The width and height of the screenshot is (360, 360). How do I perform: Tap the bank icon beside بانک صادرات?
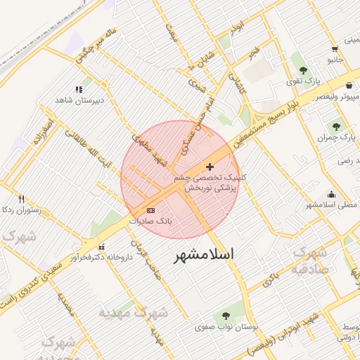tap(150, 210)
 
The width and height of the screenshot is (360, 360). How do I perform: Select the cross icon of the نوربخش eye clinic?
tap(210, 167)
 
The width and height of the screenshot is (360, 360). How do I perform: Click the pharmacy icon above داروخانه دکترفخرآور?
tap(103, 246)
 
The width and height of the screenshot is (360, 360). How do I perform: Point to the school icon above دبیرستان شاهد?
tap(79, 89)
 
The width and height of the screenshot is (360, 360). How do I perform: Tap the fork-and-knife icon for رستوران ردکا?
tap(21, 199)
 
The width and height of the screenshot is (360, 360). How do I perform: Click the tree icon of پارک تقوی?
tap(303, 70)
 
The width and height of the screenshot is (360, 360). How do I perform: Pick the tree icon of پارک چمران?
tap(335, 127)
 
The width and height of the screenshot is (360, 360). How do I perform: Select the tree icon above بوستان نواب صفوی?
tap(226, 316)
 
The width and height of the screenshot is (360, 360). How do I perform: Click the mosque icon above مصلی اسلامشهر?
tap(331, 195)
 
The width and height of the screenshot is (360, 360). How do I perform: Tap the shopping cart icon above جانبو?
tap(334, 49)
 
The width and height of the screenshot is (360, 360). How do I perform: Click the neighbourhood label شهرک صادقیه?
tap(309, 261)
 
